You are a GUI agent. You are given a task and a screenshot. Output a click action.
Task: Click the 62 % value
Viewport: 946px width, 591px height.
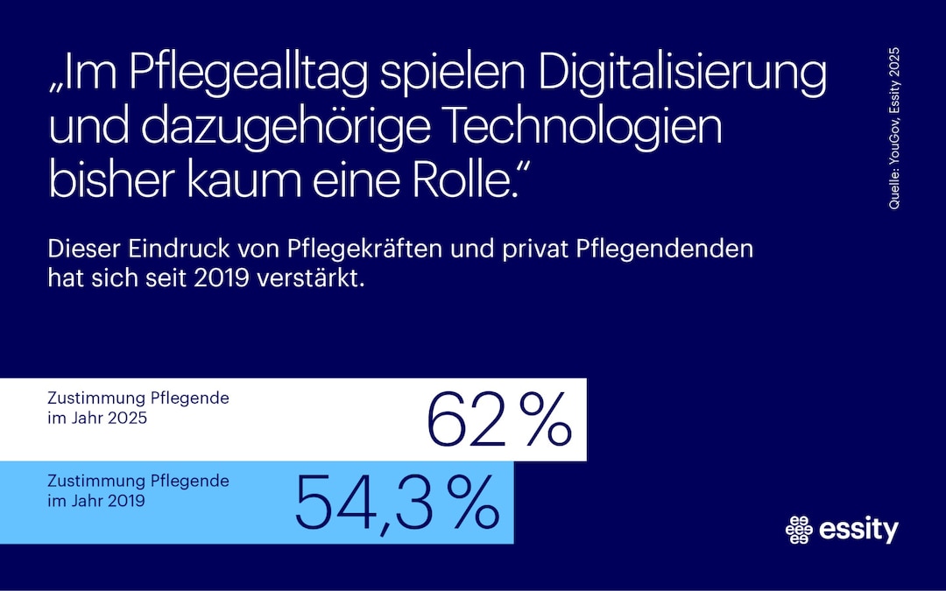[498, 420]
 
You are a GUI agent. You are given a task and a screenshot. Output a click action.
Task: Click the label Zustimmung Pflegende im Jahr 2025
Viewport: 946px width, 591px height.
[138, 408]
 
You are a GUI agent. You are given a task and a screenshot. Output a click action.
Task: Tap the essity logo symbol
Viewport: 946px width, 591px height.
[799, 529]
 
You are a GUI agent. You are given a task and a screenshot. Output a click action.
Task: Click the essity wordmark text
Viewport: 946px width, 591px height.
[859, 529]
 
